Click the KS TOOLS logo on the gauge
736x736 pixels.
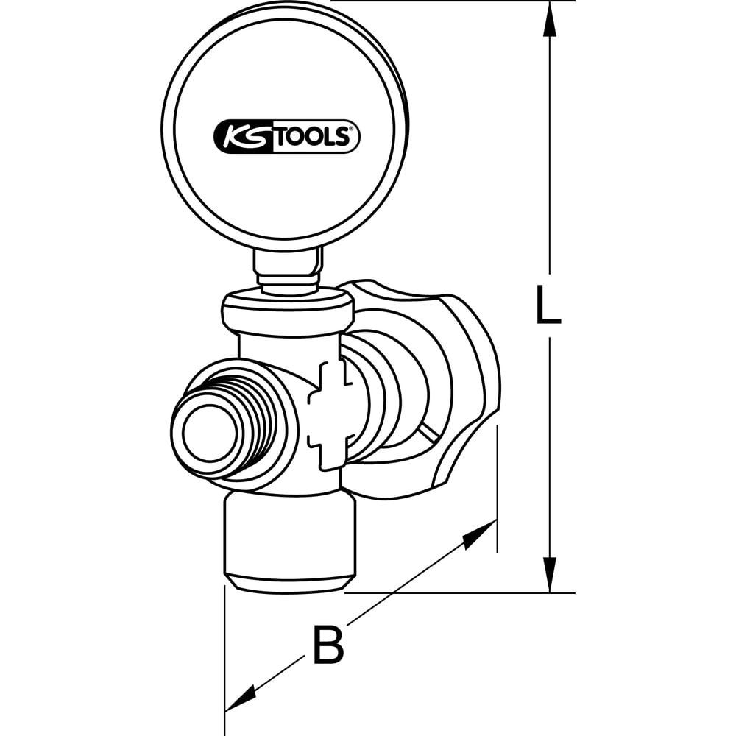286,138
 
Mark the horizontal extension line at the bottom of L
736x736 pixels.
456,592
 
